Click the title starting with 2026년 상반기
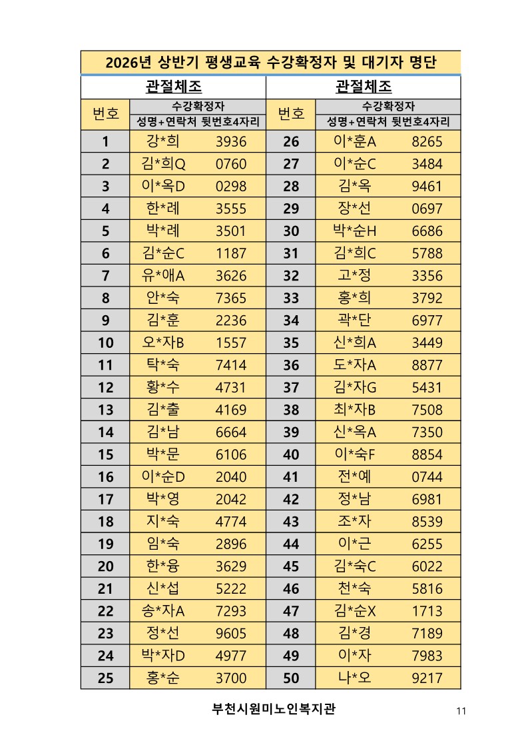pyautogui.click(x=271, y=63)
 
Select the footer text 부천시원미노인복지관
pyautogui.click(x=274, y=708)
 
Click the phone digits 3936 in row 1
pyautogui.click(x=231, y=141)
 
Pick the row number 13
pyautogui.click(x=105, y=410)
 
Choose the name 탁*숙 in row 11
pyautogui.click(x=162, y=365)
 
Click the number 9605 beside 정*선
pyautogui.click(x=231, y=634)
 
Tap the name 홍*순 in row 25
pyautogui.click(x=162, y=678)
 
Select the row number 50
pyautogui.click(x=291, y=678)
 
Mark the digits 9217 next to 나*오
pyautogui.click(x=427, y=678)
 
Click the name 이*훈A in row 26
pyautogui.click(x=355, y=141)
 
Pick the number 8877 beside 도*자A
pyautogui.click(x=427, y=365)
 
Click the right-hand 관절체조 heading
pyautogui.click(x=364, y=87)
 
